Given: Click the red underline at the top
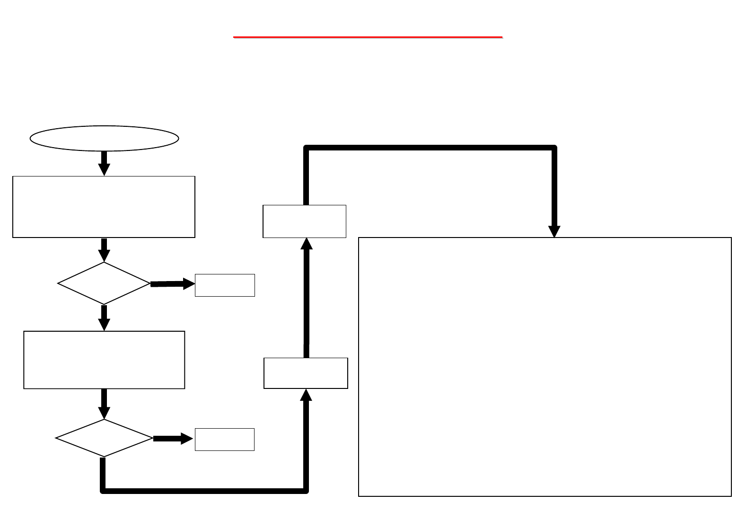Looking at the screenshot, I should (x=368, y=36).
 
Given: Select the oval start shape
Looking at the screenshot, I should (x=104, y=138).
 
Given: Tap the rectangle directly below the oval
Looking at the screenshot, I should (x=104, y=207).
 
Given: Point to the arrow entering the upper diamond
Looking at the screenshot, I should (x=104, y=249).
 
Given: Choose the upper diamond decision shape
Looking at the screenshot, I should (x=104, y=283).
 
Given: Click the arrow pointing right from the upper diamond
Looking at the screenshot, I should (x=172, y=284).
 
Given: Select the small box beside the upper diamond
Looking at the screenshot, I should (x=225, y=285).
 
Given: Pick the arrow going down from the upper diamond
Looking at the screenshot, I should (x=104, y=317).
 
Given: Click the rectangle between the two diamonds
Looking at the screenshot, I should (x=104, y=360).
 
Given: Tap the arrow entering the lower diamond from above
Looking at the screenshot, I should (x=104, y=404).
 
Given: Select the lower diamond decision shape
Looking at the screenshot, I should (x=104, y=438).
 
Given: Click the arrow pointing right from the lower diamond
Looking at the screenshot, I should (x=173, y=439).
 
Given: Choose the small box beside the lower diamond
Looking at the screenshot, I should (x=225, y=439).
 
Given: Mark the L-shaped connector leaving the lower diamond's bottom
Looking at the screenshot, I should (x=203, y=491).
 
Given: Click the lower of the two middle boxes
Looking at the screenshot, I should (x=306, y=373).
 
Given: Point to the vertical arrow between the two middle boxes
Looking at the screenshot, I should (x=307, y=298).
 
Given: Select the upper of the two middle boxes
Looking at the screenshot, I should (x=304, y=221).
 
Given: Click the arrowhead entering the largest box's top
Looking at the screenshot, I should (x=554, y=231).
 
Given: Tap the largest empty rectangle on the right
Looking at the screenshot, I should (x=545, y=367).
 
